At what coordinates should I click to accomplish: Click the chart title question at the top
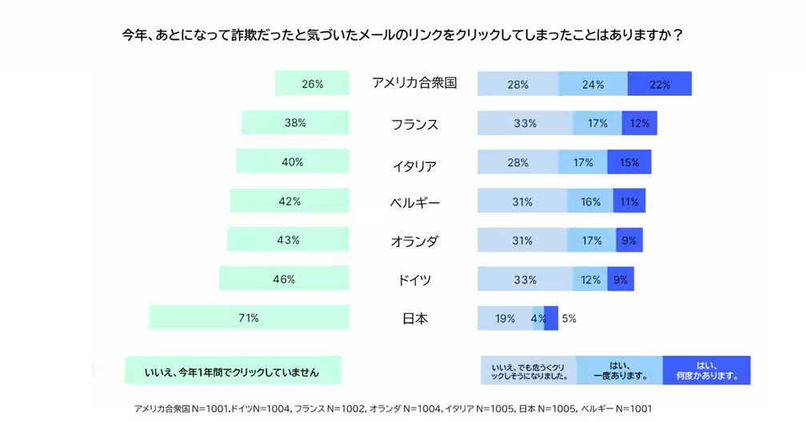tap(402, 37)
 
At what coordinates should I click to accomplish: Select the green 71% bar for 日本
tap(249, 318)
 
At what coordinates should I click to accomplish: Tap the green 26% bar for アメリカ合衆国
tap(312, 84)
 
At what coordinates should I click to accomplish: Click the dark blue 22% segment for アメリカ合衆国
tap(660, 84)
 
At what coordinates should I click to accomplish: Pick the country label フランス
tap(414, 125)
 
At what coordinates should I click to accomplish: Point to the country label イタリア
tap(414, 165)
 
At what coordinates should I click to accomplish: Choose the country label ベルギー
tap(414, 203)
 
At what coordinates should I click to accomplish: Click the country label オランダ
tap(414, 241)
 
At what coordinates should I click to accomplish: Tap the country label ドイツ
tap(414, 280)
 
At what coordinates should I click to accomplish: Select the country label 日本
tap(414, 319)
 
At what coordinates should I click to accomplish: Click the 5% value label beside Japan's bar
tap(569, 318)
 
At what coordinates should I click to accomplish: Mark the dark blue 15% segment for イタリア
tap(629, 162)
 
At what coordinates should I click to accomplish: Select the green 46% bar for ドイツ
tap(284, 279)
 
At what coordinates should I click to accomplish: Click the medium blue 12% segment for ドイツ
tap(592, 280)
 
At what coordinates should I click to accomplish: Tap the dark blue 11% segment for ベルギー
tap(629, 201)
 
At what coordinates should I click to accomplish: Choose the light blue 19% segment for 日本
tap(504, 318)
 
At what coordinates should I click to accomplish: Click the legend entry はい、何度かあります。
tap(706, 369)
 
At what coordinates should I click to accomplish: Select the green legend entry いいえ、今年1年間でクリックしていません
tap(232, 371)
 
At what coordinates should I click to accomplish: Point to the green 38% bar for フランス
tap(295, 123)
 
